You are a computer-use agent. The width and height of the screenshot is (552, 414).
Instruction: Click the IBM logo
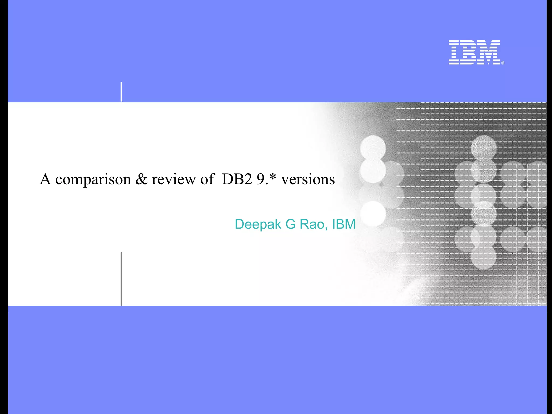point(474,52)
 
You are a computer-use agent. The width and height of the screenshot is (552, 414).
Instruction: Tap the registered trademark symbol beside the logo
point(503,63)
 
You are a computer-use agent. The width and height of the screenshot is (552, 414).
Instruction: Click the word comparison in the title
point(93,180)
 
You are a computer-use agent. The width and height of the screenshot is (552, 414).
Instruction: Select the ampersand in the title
point(142,179)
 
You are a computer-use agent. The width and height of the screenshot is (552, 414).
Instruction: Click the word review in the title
point(174,179)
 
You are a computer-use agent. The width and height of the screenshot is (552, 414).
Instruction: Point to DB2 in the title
point(237,179)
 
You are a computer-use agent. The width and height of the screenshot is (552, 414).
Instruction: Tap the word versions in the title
point(308,179)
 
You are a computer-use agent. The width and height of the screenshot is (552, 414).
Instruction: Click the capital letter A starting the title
point(45,179)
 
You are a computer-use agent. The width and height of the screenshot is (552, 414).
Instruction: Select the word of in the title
point(207,179)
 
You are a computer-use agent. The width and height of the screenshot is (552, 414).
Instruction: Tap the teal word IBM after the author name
point(344,224)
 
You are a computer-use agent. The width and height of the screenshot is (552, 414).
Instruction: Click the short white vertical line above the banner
point(121,92)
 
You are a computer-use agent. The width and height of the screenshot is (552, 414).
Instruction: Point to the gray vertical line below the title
point(121,279)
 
